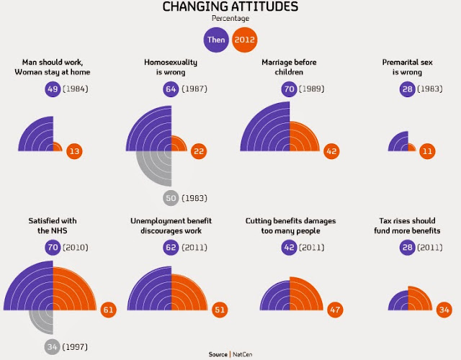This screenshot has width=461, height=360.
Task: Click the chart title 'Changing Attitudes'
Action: coord(230,7)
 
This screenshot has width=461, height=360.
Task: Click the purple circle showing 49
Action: coord(52,89)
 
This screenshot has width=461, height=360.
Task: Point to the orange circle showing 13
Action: coord(75,151)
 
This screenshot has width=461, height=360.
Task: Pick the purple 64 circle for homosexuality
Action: coord(171,89)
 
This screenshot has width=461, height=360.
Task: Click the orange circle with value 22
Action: coord(200,151)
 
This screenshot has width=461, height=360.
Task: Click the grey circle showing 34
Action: coord(52,347)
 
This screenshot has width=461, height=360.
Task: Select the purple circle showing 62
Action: coord(171,247)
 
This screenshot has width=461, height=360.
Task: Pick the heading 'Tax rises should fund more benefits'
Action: coord(410,225)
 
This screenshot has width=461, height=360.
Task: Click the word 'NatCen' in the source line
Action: coord(243,354)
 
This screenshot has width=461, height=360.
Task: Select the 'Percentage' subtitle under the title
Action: coord(230,19)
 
